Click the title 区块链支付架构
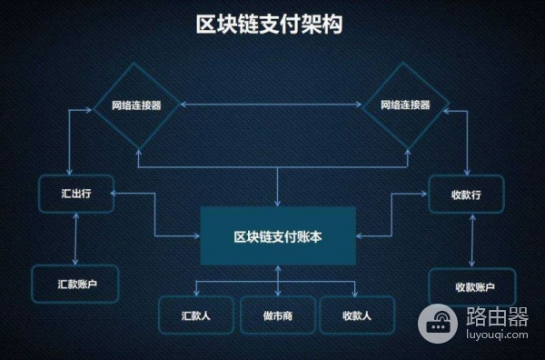coord(270,25)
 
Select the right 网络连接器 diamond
coord(404,106)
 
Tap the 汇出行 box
coord(75,194)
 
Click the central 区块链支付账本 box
coord(278,235)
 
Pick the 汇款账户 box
coord(76,284)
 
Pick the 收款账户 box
coord(471,286)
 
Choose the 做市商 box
coord(278,315)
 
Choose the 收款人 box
coord(357,315)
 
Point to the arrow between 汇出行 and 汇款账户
coord(75,239)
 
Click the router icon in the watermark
coord(438,321)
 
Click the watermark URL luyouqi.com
coord(497,335)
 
